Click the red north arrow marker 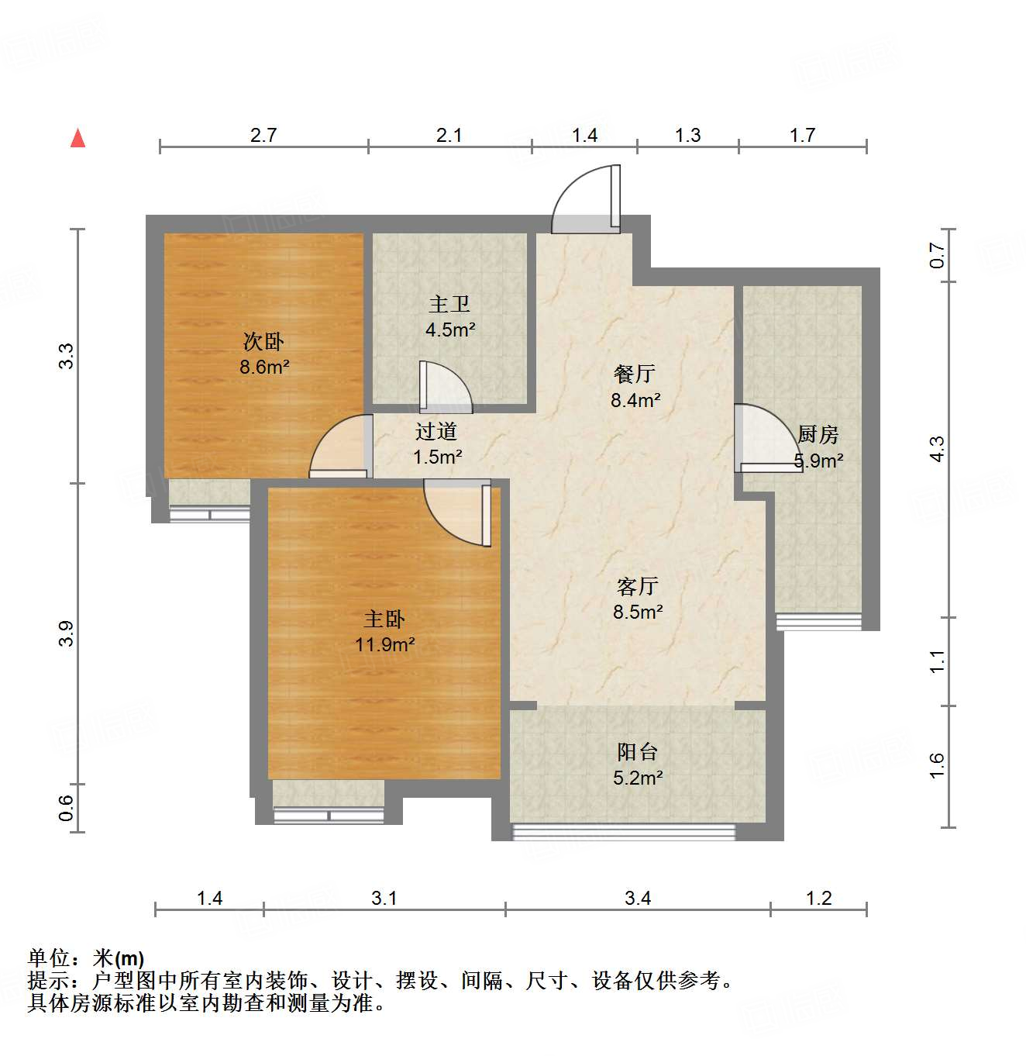77,139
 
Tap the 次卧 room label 263,341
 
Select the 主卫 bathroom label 449,304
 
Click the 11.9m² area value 385,644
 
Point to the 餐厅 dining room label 635,374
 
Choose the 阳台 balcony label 637,751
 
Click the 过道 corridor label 436,431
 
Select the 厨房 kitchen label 818,434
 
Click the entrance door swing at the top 587,200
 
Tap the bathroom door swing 444,387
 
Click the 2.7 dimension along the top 263,135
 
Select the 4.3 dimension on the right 937,449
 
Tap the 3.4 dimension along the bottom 638,898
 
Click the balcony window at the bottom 624,832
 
